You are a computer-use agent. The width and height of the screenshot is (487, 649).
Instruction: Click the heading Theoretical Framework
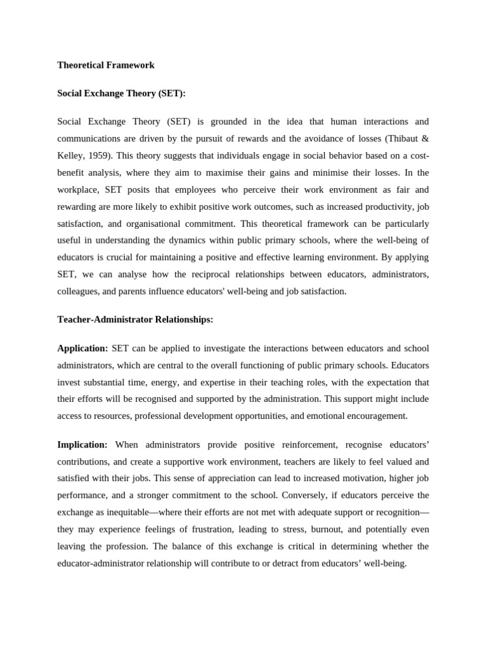(106, 65)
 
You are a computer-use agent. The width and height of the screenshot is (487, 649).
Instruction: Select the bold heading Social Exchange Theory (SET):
(122, 93)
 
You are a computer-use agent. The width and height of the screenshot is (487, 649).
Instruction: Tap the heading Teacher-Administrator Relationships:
(135, 319)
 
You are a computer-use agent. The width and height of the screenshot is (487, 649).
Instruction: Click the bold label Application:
(83, 348)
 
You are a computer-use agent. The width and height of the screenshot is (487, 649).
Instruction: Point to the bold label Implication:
(82, 444)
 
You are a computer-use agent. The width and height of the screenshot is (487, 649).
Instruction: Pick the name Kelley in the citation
(70, 155)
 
